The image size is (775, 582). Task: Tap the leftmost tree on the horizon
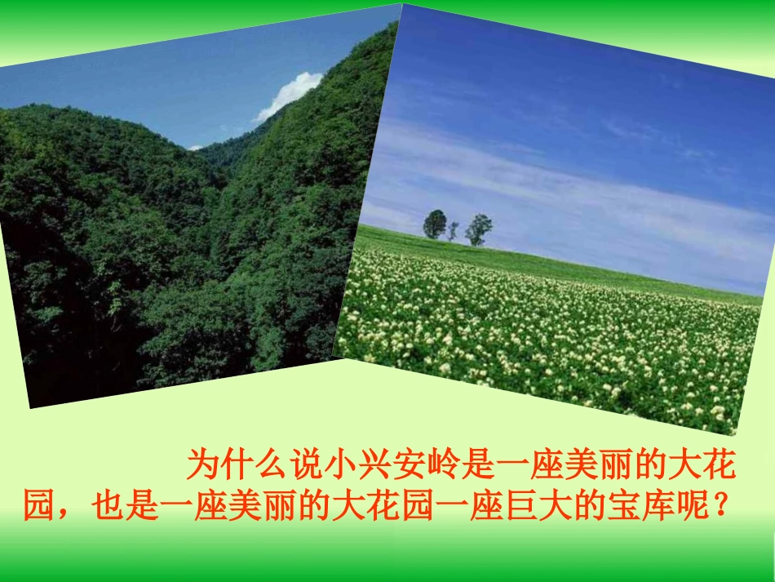click(435, 224)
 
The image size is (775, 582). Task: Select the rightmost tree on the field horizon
click(479, 229)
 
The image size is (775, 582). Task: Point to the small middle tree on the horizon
click(454, 231)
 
